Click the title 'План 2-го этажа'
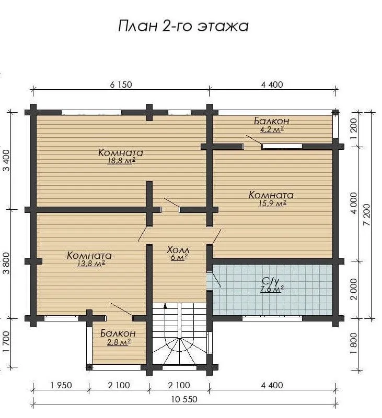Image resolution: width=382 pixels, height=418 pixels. point(183,26)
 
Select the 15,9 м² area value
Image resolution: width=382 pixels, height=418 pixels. point(272,204)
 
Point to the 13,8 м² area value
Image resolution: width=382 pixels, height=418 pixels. point(91,264)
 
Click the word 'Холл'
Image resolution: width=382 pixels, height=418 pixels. point(178,250)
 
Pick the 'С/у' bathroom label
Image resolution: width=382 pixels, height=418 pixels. point(271,281)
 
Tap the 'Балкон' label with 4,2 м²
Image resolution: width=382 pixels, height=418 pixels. point(272,121)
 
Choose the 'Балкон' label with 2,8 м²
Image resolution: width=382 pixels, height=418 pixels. point(118,333)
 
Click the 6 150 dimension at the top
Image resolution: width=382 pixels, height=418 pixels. point(121,85)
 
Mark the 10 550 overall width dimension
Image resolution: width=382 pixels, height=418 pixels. point(184,399)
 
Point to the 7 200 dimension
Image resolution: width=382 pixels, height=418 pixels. point(367,215)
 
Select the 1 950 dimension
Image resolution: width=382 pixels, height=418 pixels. point(61,385)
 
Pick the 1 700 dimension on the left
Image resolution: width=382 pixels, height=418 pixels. point(6,342)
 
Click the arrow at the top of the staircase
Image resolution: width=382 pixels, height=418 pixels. point(166,305)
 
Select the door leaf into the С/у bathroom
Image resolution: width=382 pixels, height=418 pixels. point(214,279)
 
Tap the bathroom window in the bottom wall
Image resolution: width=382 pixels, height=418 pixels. point(272,318)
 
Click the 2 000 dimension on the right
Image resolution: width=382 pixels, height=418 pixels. point(353,289)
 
